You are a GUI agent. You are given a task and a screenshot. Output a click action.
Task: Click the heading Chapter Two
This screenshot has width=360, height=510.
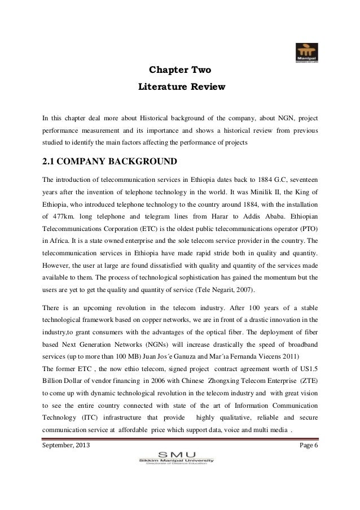pyautogui.click(x=179, y=71)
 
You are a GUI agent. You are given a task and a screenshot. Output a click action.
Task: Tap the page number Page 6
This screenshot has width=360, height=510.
pyautogui.click(x=307, y=447)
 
